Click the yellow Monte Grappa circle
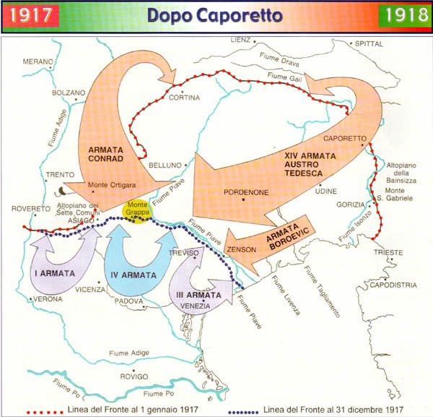click(136, 210)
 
